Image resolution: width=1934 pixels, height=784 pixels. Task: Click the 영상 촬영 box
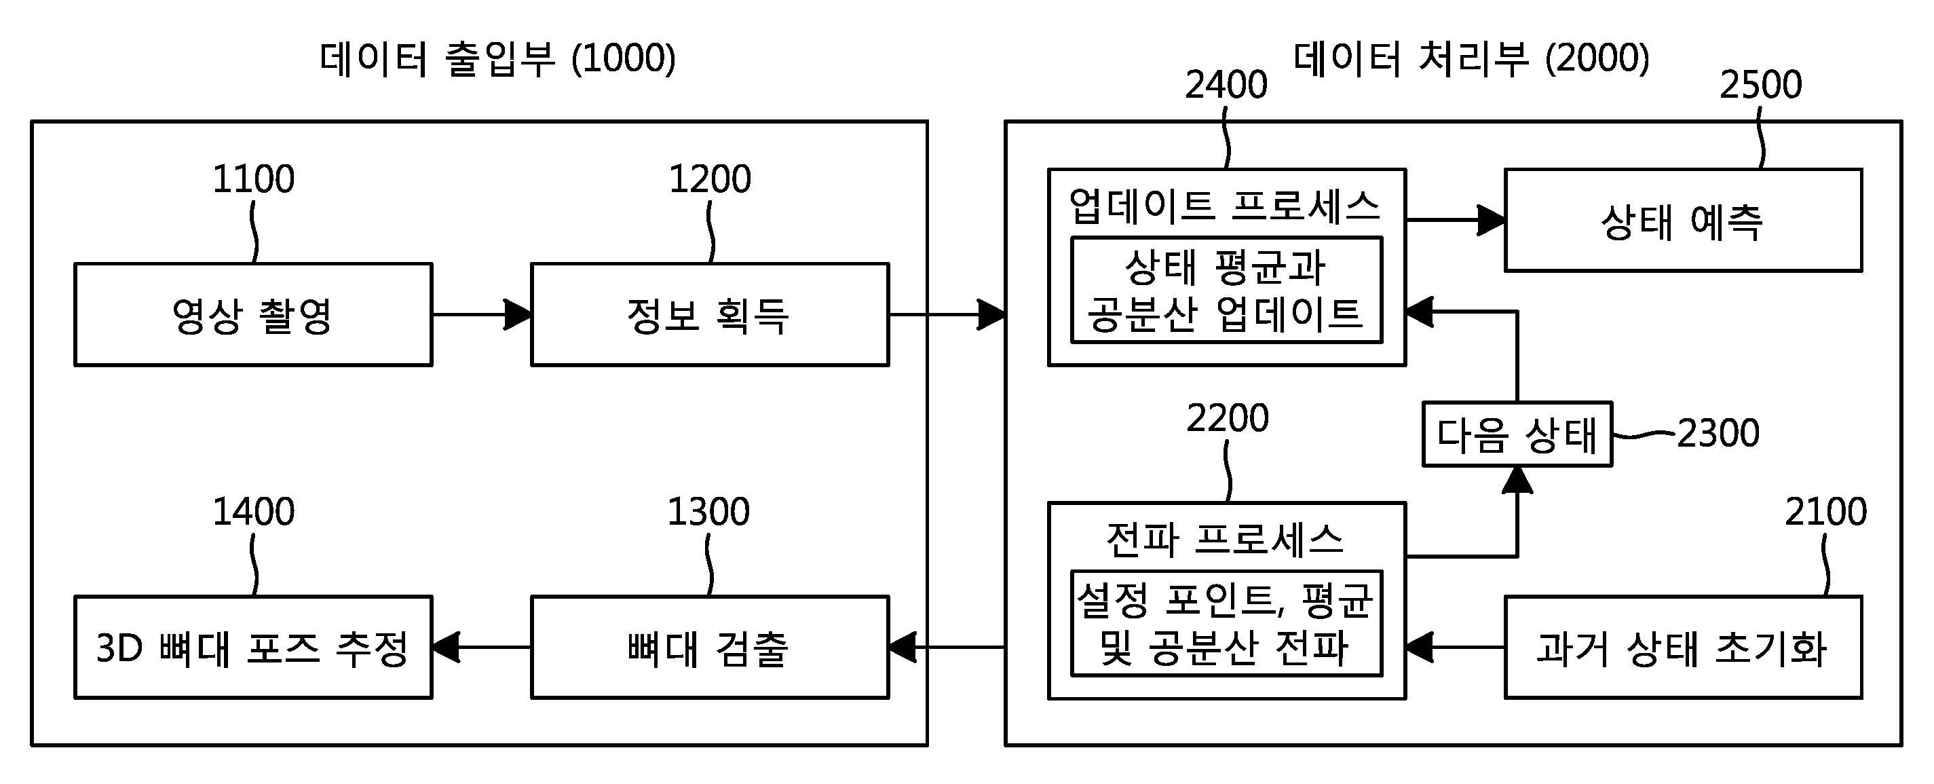(253, 315)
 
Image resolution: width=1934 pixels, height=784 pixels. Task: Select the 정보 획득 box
(710, 315)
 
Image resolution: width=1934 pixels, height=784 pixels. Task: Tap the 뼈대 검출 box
(710, 648)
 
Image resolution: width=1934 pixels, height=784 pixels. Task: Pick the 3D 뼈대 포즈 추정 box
(253, 648)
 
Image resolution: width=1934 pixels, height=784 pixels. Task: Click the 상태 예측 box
(1683, 220)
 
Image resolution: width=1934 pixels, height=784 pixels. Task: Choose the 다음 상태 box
(1517, 434)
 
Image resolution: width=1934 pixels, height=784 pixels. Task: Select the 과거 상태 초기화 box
(1683, 648)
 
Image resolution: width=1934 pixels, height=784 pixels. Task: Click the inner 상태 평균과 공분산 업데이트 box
(1226, 290)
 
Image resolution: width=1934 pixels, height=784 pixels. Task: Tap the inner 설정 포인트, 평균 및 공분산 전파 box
(1226, 623)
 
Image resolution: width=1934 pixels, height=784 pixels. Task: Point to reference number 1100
(254, 179)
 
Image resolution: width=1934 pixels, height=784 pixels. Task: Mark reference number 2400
(1226, 84)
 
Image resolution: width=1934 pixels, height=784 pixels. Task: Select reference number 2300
(1718, 433)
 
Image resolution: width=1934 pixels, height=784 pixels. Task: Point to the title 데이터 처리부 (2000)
(1471, 58)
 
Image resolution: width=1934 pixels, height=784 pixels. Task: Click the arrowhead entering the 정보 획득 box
(518, 315)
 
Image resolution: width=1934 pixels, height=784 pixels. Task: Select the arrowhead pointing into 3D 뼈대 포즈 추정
(446, 648)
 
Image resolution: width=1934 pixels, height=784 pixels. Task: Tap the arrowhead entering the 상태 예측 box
(1491, 220)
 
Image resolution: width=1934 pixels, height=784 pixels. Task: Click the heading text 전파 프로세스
(1226, 538)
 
